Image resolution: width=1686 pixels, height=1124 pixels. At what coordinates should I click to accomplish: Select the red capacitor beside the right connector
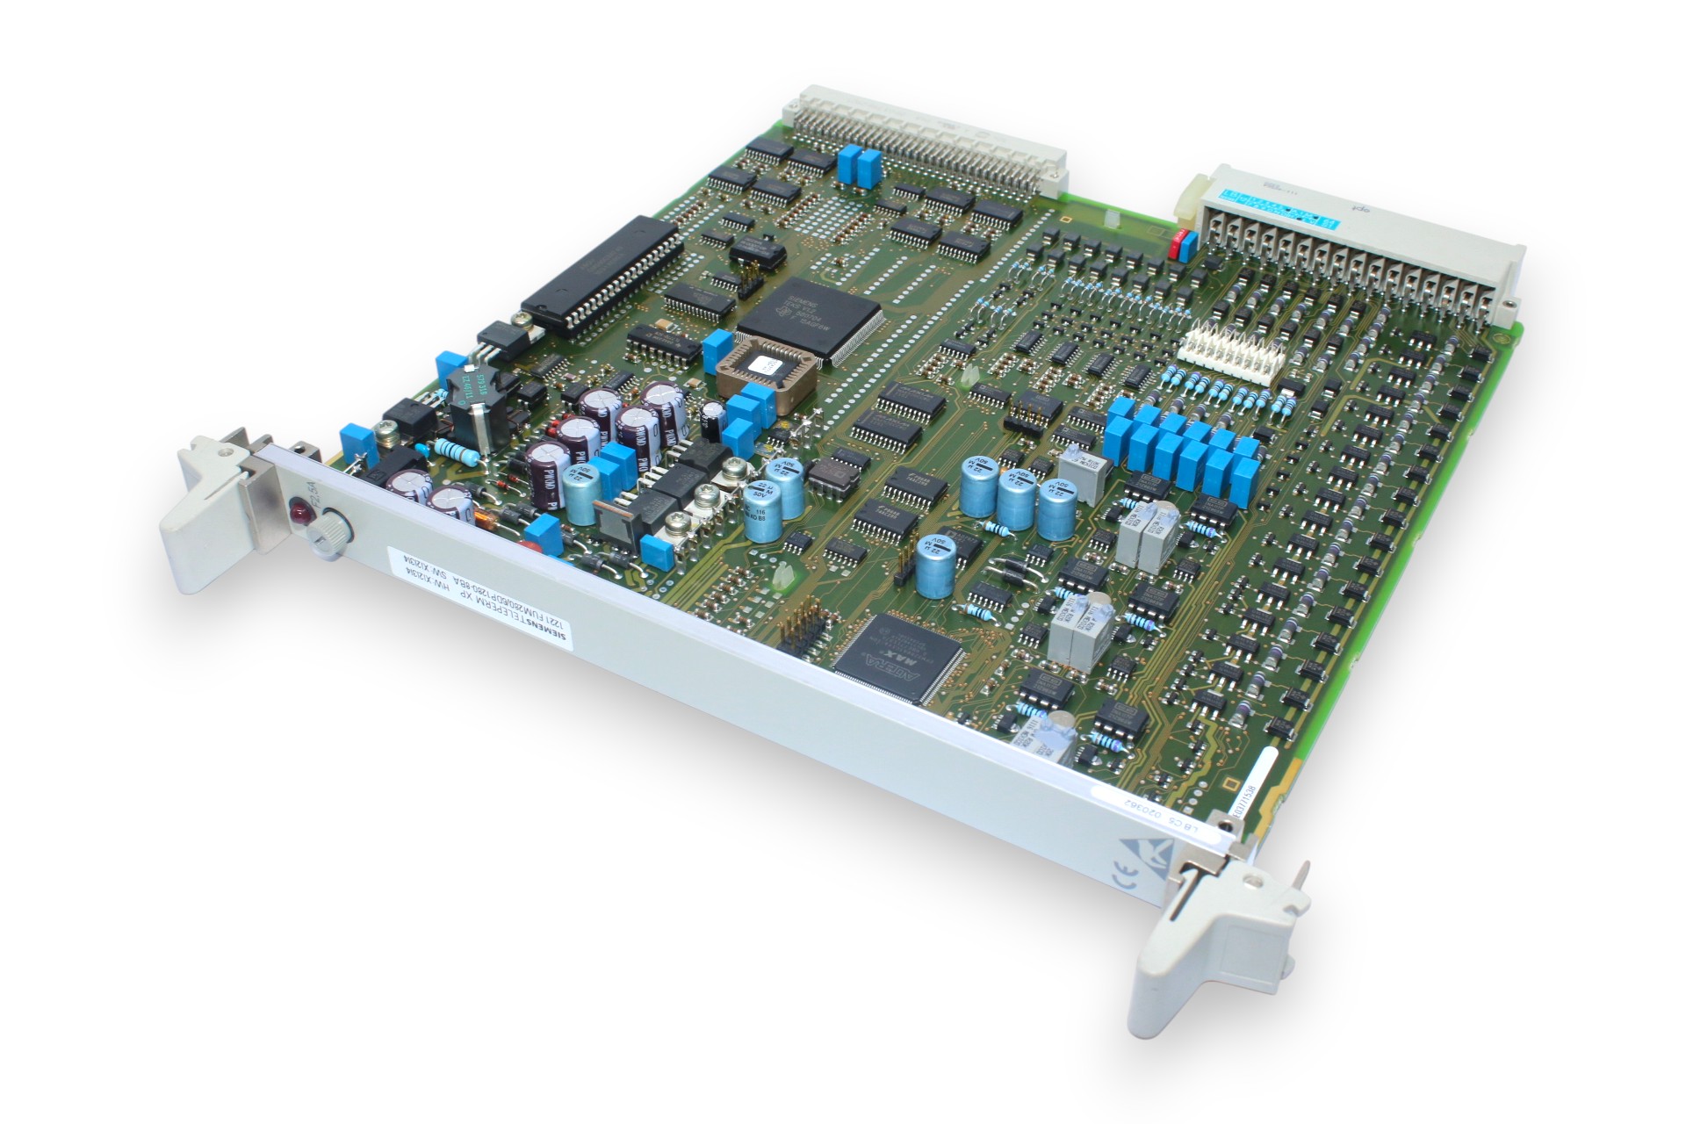1174,242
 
